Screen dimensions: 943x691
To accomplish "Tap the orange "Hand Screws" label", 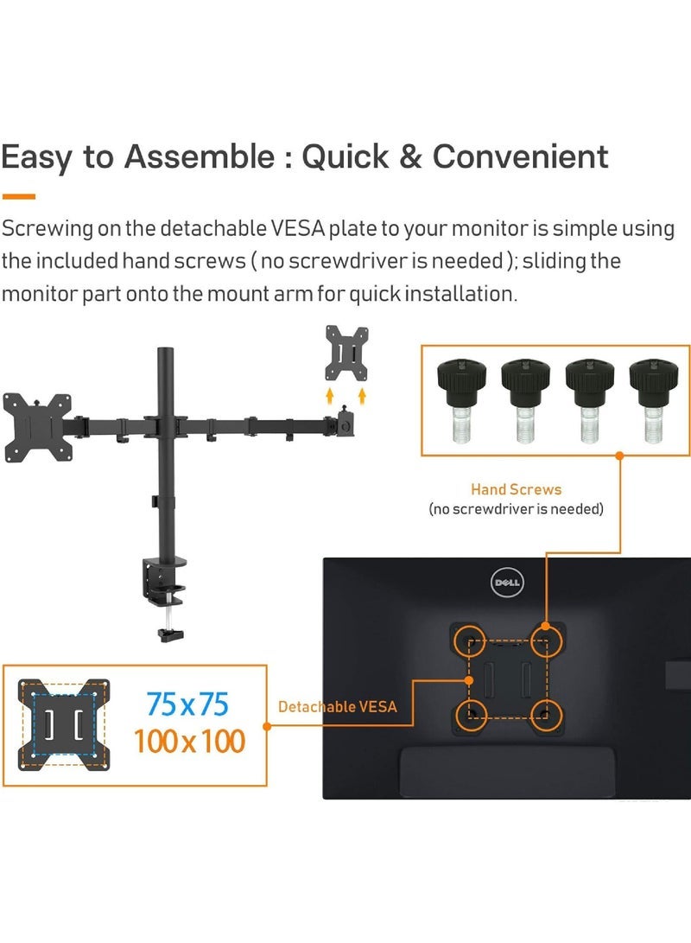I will pyautogui.click(x=516, y=489).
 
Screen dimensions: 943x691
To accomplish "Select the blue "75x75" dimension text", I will pyautogui.click(x=187, y=705).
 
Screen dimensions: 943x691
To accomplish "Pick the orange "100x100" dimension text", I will pyautogui.click(x=189, y=741).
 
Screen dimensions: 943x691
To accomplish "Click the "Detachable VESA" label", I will pyautogui.click(x=338, y=707).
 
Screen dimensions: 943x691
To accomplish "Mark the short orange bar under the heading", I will pyautogui.click(x=18, y=196).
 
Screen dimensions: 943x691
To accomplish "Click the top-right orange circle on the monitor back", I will pyautogui.click(x=545, y=640).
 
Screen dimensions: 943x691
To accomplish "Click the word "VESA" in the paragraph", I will pyautogui.click(x=269, y=229).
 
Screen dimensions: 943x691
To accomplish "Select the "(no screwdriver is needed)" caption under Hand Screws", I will pyautogui.click(x=516, y=509).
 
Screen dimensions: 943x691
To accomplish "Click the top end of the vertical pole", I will pyautogui.click(x=162, y=353).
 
